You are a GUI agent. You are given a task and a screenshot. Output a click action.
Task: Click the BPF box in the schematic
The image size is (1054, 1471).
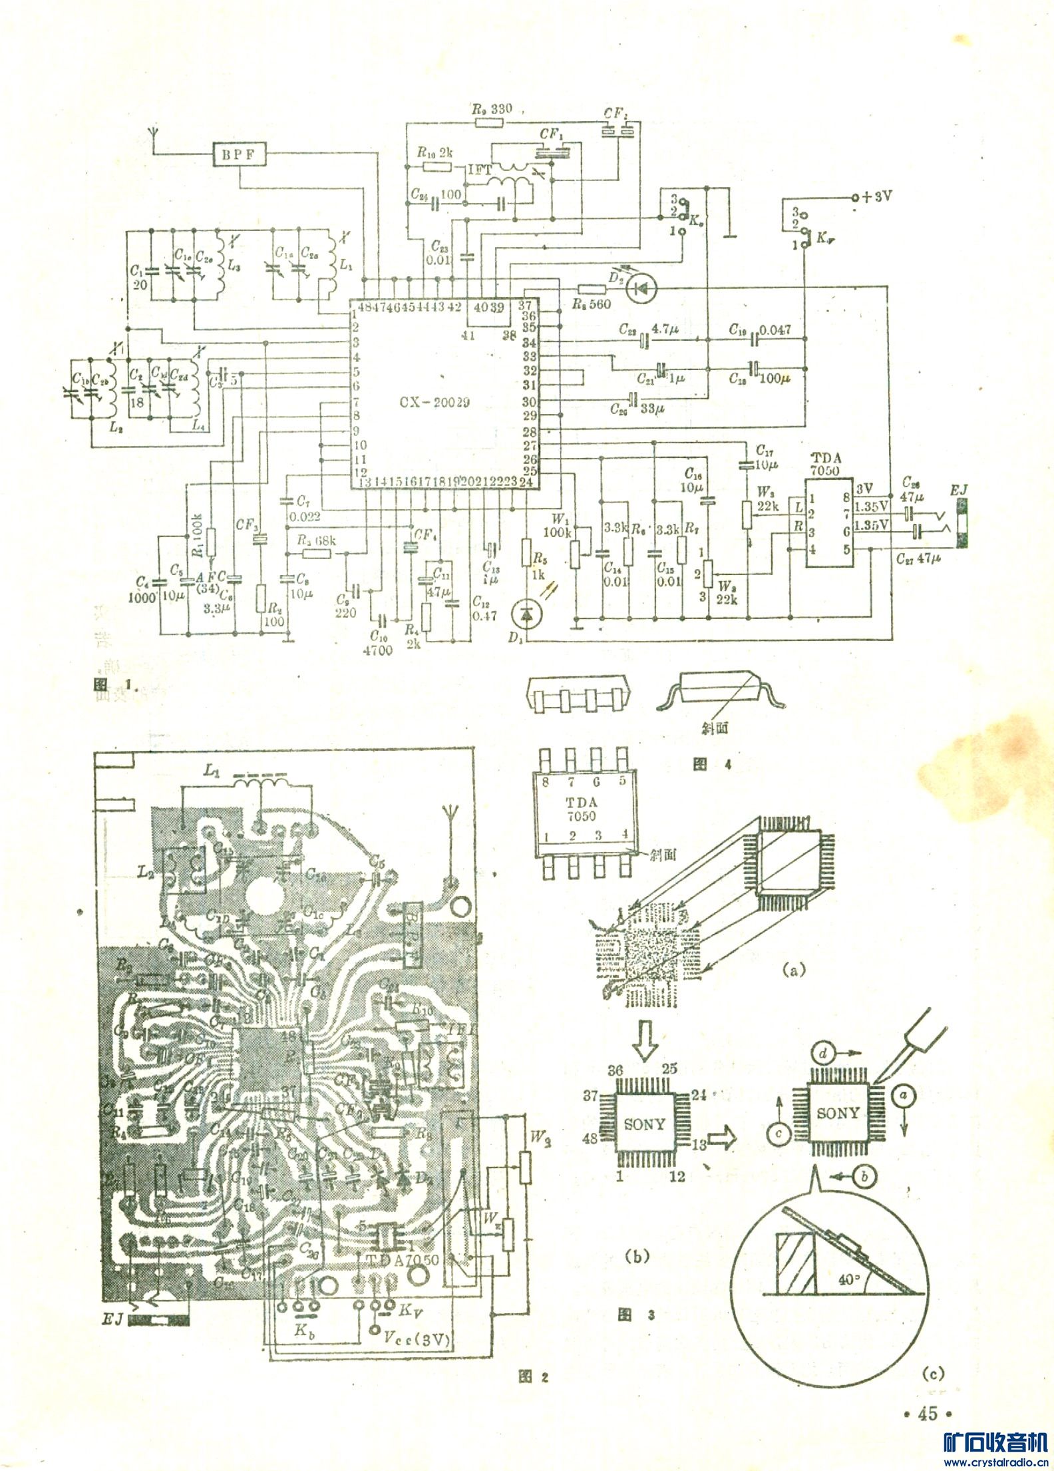240,154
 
